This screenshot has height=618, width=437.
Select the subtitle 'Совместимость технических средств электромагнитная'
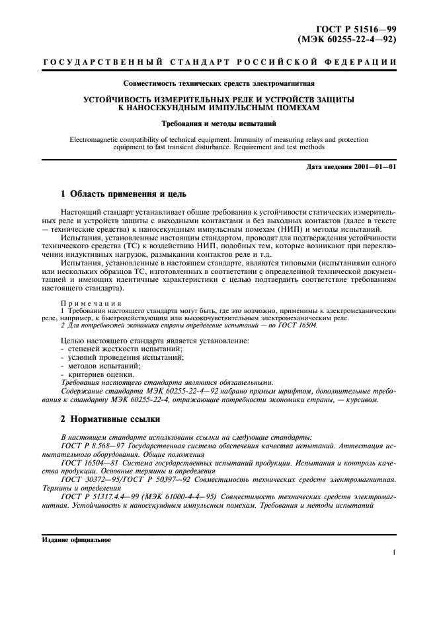[x=218, y=84]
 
